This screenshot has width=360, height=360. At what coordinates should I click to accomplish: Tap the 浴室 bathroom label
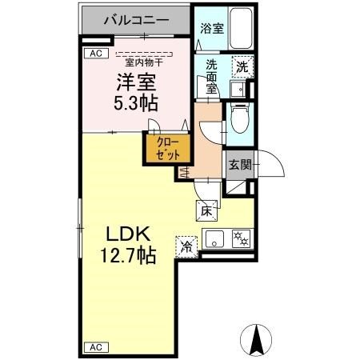click(211, 28)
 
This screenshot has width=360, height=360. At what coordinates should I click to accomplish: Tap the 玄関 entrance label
click(239, 166)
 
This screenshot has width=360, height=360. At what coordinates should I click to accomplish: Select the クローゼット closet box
click(167, 149)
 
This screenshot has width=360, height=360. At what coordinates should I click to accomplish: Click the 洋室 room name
click(134, 83)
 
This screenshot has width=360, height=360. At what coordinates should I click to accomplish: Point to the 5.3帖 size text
click(134, 103)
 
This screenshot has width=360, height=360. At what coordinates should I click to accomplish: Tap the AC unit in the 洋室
click(95, 54)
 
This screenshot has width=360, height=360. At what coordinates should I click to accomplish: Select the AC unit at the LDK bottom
click(95, 347)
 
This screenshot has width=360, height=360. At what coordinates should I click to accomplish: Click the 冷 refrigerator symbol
click(186, 248)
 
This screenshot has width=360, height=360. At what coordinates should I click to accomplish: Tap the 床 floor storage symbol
click(205, 211)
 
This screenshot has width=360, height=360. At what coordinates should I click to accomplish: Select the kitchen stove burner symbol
click(240, 238)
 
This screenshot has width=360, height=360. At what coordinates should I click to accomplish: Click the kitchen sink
click(214, 238)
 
